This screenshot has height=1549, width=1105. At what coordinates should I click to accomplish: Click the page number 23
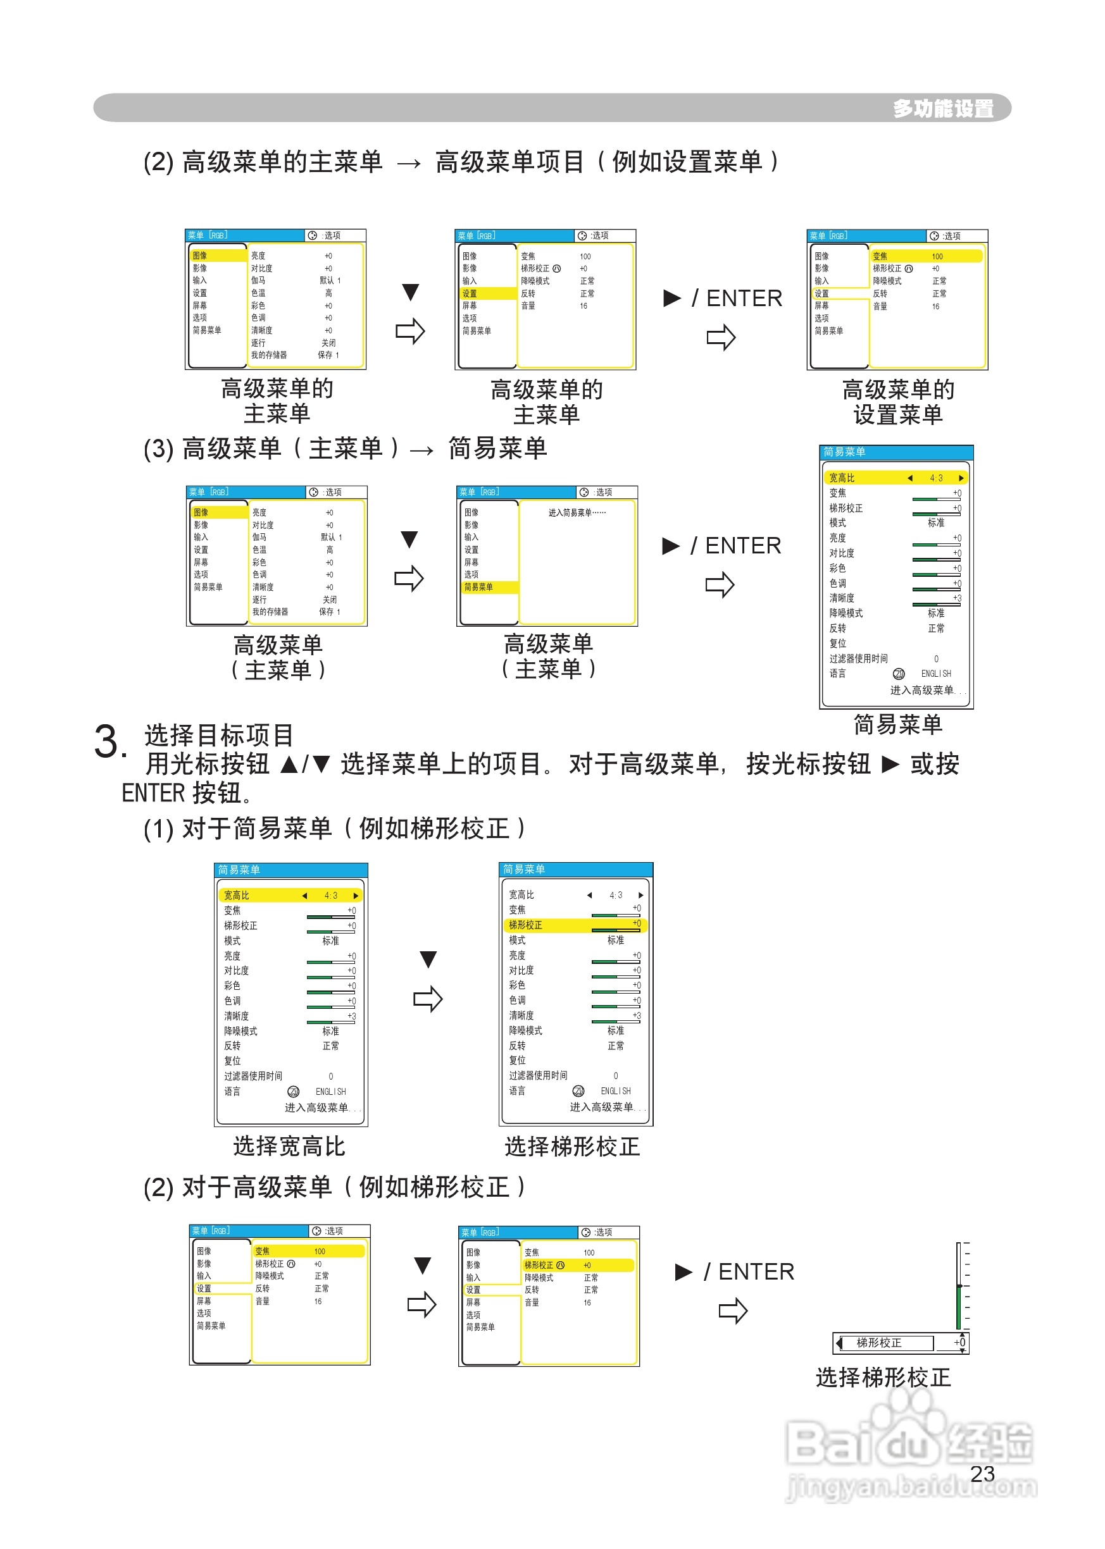(x=982, y=1474)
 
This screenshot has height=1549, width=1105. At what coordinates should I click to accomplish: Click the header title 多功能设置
(x=943, y=108)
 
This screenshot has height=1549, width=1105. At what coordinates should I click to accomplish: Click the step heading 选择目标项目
(x=218, y=735)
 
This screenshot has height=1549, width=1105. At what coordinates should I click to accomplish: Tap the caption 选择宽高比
(x=289, y=1147)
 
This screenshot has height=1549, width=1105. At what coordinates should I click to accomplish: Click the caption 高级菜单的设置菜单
(x=897, y=402)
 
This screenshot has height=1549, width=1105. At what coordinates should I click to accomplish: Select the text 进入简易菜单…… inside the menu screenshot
(x=577, y=513)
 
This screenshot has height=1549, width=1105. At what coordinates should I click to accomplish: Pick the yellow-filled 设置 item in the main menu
(x=487, y=293)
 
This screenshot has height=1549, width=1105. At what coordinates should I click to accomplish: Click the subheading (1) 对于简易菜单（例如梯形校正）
(x=334, y=828)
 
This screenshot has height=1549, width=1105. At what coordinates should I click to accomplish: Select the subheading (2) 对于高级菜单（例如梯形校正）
(x=334, y=1187)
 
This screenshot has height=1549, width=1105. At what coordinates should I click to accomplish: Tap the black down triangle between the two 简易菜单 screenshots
(x=428, y=960)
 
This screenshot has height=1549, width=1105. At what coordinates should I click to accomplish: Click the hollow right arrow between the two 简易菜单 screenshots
(x=428, y=999)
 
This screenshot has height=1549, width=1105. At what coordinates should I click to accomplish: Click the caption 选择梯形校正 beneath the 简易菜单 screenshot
(x=571, y=1147)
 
